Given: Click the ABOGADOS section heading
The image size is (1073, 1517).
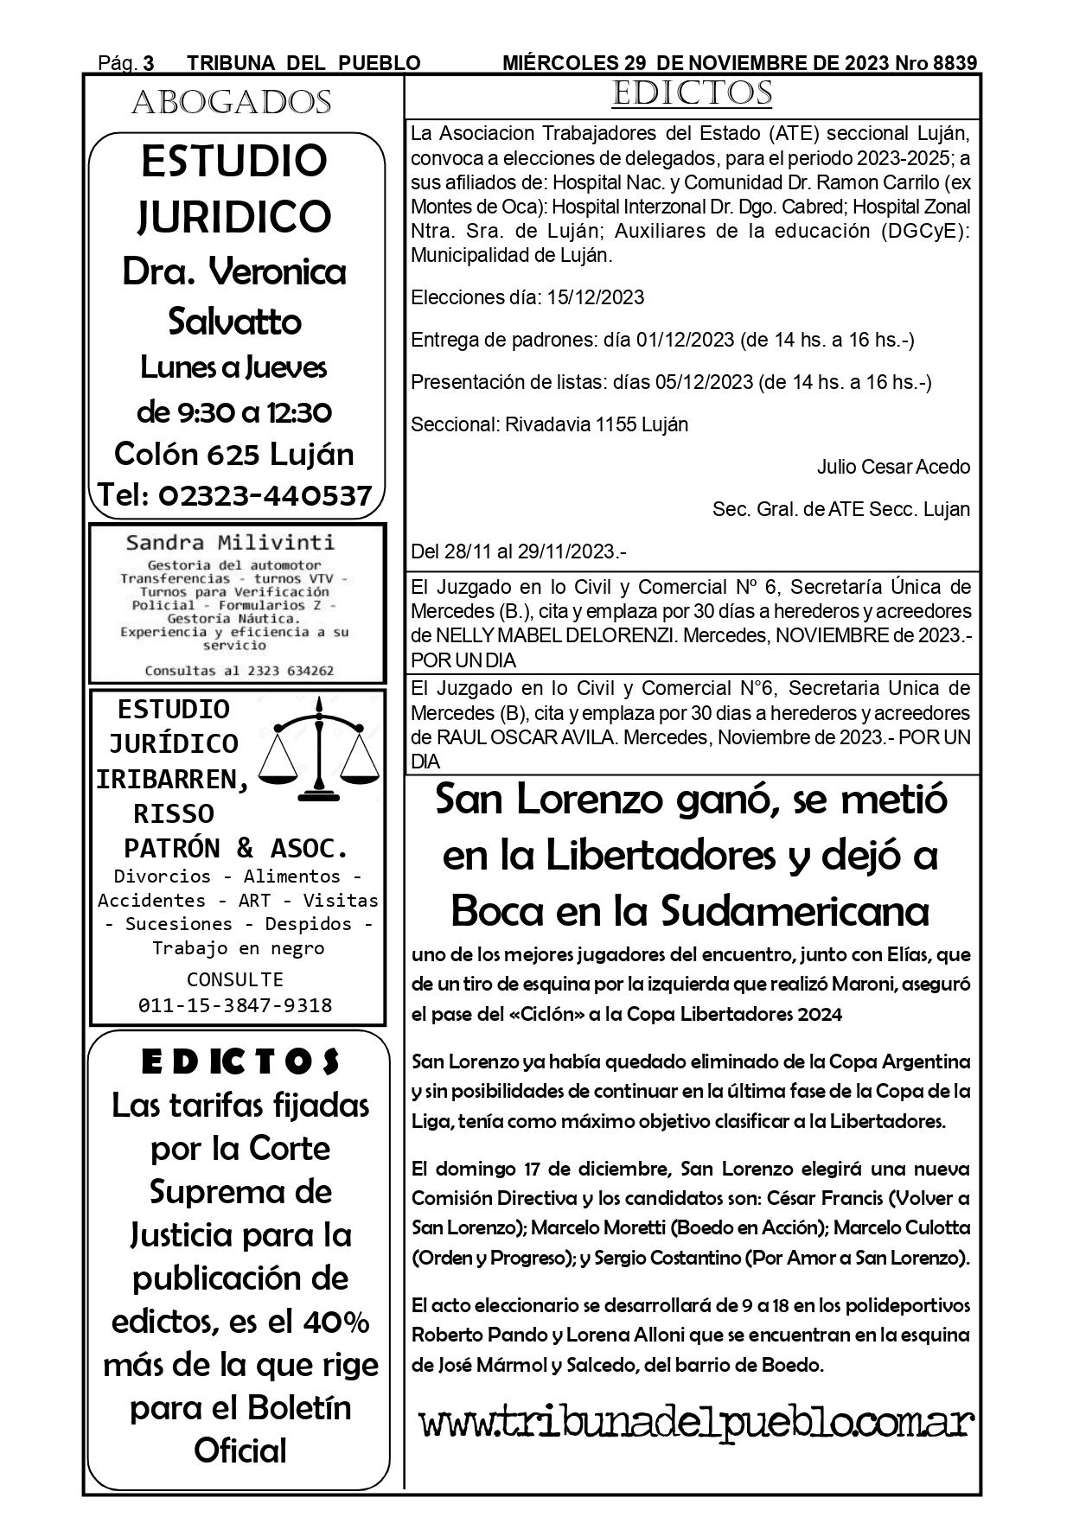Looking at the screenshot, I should tap(231, 104).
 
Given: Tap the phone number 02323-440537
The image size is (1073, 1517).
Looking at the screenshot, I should tap(265, 495).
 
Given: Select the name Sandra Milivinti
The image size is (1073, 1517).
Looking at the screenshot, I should tap(230, 543).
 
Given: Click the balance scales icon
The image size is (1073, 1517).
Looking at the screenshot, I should tap(321, 749).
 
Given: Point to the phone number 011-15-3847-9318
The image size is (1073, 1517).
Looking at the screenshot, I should tap(235, 1005).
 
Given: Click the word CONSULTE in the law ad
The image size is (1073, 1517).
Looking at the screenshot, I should tap(235, 979).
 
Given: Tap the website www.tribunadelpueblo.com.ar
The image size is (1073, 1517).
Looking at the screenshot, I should tap(696, 1422).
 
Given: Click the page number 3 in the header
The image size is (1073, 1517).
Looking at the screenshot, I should tap(149, 63).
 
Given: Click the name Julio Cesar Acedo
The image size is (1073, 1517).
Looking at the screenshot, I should tap(893, 468).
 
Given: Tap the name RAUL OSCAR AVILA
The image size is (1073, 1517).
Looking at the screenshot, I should tap(527, 738).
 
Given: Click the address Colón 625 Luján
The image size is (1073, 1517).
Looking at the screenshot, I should tap(234, 455).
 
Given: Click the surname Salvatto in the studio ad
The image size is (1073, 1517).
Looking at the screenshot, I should tap(234, 322).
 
